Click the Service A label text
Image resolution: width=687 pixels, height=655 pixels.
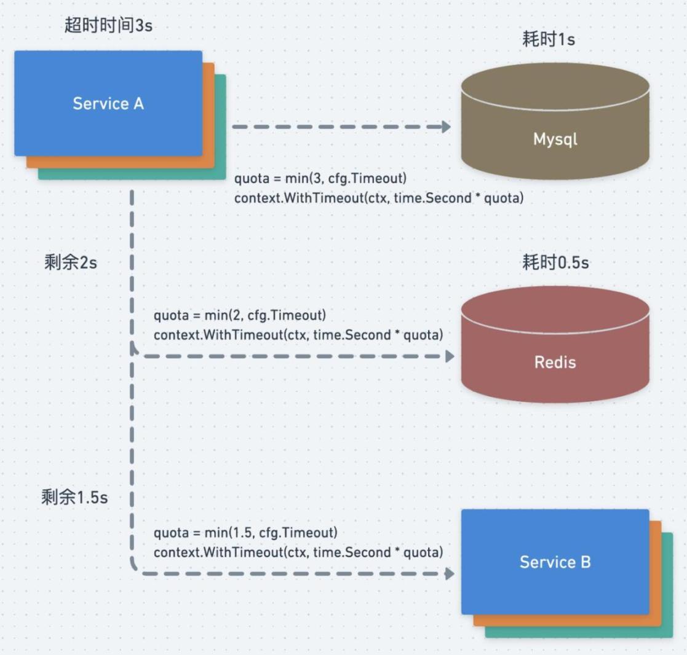[x=108, y=103]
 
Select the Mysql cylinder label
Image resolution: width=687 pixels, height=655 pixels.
[x=555, y=139]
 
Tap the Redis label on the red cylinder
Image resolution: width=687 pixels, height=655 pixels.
[x=555, y=362]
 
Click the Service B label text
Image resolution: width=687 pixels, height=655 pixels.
[x=555, y=562]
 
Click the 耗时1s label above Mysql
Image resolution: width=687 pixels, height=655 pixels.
[x=548, y=41]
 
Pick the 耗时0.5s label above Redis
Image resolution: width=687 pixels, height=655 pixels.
[x=555, y=263]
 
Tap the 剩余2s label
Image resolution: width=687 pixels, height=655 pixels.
[x=71, y=263]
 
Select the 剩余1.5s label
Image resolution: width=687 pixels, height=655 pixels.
[x=74, y=497]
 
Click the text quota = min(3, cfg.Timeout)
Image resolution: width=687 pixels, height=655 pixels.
[x=321, y=179]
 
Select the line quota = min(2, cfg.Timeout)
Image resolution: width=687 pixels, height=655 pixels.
[x=240, y=316]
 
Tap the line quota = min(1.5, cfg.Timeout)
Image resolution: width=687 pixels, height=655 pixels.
[x=245, y=532]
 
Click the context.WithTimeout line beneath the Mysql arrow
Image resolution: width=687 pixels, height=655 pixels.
[x=379, y=198]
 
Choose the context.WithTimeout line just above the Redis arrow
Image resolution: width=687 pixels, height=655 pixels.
[x=298, y=335]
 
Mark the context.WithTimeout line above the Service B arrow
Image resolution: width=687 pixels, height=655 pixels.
[x=298, y=552]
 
